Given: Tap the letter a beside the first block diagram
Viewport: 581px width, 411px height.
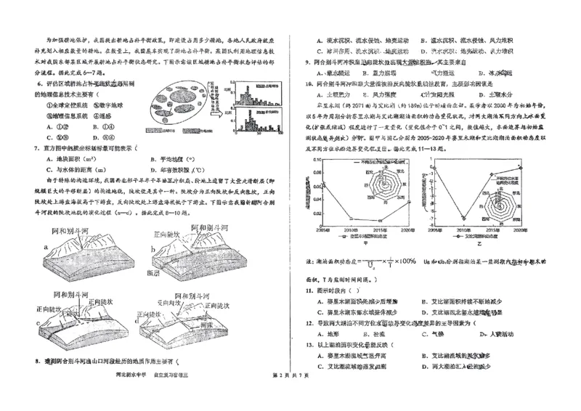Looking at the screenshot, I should pyautogui.click(x=46, y=246).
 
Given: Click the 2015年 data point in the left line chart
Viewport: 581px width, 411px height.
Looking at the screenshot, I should pyautogui.click(x=381, y=219).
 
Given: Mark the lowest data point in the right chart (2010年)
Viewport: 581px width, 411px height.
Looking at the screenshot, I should pyautogui.click(x=462, y=216).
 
